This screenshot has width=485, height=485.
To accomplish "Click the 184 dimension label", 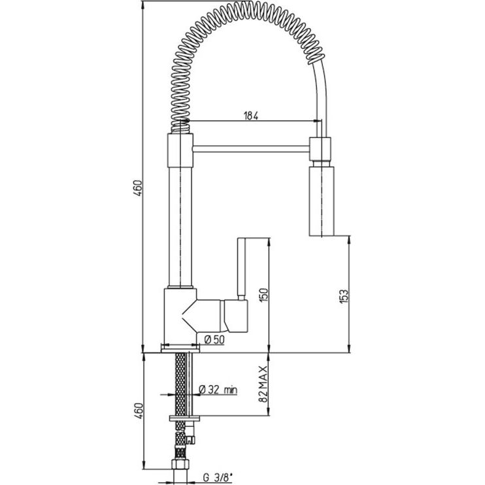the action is tap(251, 116).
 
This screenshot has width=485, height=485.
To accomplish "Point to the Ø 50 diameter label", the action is tap(214, 340).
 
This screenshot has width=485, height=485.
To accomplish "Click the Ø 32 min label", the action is tap(218, 390).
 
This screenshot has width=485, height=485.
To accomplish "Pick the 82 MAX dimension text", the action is tap(263, 384).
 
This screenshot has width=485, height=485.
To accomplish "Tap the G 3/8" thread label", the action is tap(217, 478).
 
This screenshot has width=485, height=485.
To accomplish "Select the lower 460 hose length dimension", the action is tap(139, 410).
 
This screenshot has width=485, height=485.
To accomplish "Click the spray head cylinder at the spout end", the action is tap(322, 201).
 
